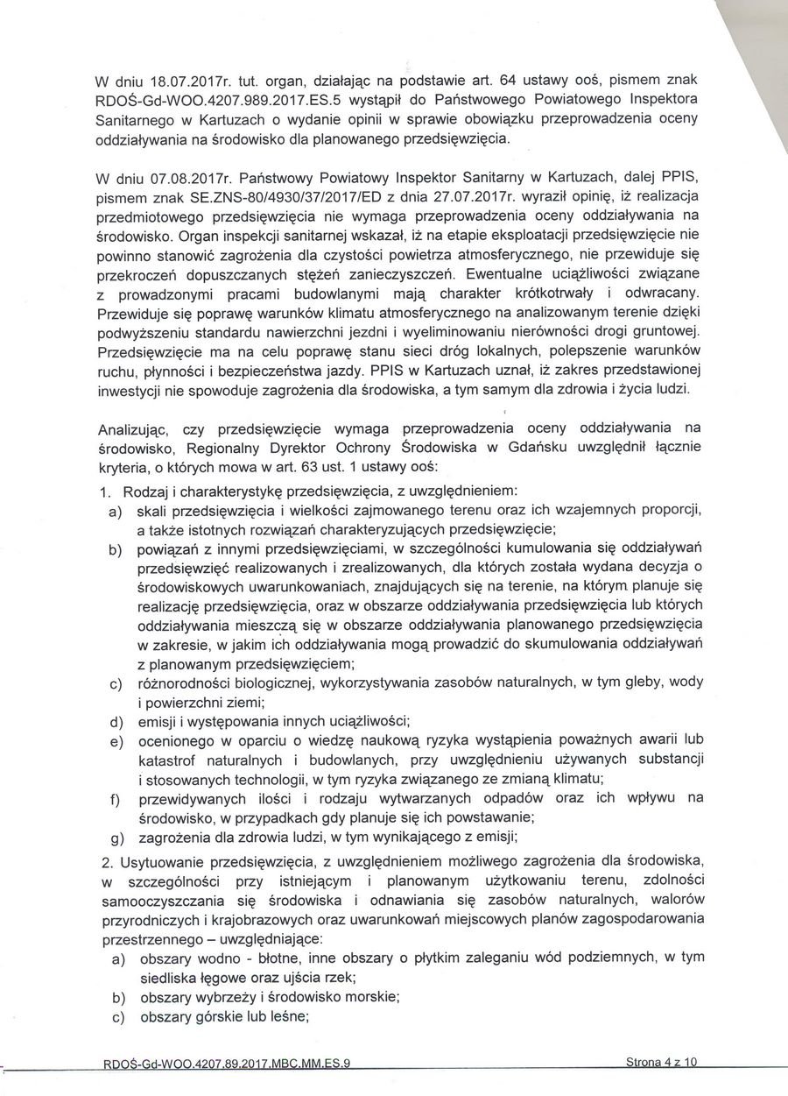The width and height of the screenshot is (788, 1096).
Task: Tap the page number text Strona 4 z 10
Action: coord(662,1064)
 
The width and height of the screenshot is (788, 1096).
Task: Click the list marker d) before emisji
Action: coord(114,721)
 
